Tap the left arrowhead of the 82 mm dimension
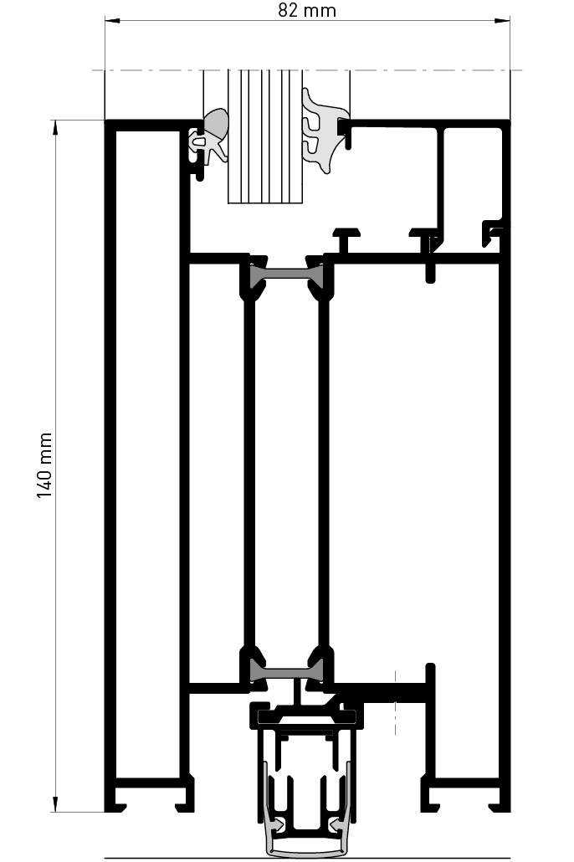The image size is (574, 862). point(110,21)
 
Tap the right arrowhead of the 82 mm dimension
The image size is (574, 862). point(505,21)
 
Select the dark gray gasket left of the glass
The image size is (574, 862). point(215,125)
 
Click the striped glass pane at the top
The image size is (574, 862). point(264,138)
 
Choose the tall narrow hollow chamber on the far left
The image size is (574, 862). point(148,460)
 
